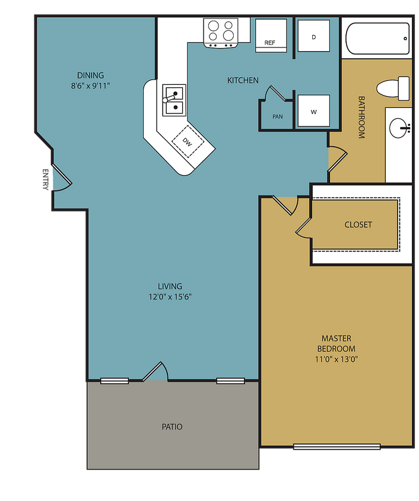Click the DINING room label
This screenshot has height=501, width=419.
pos(90,75)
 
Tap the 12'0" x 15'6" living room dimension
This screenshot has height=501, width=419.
pos(170,297)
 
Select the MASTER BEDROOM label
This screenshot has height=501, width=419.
pos(336,343)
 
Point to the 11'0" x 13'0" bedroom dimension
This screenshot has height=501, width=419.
pos(336,359)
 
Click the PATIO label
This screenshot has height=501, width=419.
pos(172,427)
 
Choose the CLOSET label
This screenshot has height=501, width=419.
pos(358,224)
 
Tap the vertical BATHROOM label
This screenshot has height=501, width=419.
pos(361,117)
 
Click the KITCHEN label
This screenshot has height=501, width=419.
pos(243,80)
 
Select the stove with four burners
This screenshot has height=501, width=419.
pos(221,31)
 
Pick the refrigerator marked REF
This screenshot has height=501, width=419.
pos(271,35)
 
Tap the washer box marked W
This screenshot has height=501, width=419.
pos(313,111)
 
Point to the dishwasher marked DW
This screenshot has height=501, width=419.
pos(188,142)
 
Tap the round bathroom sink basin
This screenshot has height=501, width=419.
pos(399,126)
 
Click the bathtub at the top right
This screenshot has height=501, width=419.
pos(377,39)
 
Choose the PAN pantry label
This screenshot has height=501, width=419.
pos(278,117)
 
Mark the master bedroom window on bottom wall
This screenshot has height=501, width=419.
pos(337,447)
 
